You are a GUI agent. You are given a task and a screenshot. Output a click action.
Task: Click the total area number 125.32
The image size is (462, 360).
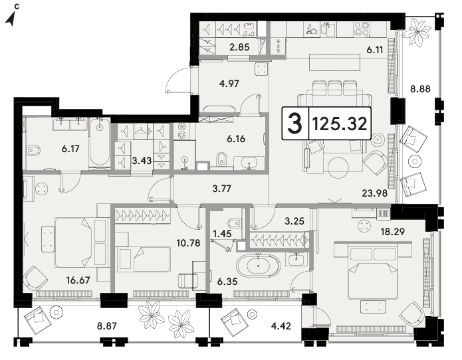pos(340,124)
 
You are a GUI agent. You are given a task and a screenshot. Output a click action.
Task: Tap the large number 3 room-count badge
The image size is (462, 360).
pos(295,124)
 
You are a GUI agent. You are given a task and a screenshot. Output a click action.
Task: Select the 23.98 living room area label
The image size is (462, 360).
pos(374,193)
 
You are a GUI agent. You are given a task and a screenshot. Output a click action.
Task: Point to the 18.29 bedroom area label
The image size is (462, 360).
pos(393,232)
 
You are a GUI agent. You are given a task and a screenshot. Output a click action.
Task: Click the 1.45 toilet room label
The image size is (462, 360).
pos(222,234)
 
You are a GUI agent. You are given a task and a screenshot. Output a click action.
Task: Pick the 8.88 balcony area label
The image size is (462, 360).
pos(421,88)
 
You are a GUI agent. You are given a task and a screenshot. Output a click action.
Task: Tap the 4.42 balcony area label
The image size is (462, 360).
pos(281,326)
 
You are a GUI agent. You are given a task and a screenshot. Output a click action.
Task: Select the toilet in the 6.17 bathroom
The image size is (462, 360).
pos(33,151)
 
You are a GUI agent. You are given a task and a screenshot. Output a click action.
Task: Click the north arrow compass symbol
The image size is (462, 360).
pos(11,19)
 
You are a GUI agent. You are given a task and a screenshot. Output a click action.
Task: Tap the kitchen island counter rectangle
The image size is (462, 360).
pos(335,62)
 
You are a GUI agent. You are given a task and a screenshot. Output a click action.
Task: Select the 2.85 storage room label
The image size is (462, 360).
pos(239,47)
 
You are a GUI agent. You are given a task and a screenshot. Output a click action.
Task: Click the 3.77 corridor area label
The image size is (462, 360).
pos(222,189)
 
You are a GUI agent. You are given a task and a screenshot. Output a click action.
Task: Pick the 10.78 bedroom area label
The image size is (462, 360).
pos(188,243)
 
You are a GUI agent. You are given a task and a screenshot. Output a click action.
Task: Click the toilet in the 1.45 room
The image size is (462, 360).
pos(236,223)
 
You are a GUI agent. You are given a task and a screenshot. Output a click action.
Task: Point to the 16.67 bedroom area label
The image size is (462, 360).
pos(78,280)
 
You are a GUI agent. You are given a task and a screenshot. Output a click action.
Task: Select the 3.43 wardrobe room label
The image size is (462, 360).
pos(142,161)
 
